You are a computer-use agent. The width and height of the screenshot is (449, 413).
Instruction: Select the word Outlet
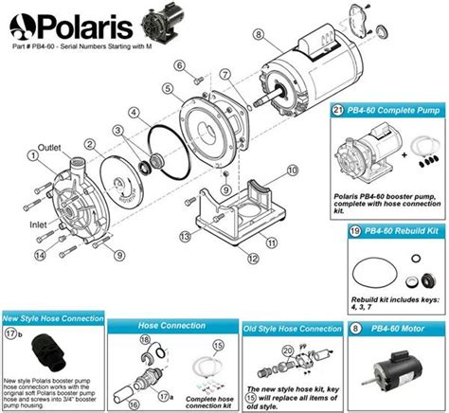pyautogui.click(x=49, y=148)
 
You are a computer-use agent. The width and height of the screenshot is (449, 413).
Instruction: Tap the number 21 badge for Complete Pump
pyautogui.click(x=338, y=112)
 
